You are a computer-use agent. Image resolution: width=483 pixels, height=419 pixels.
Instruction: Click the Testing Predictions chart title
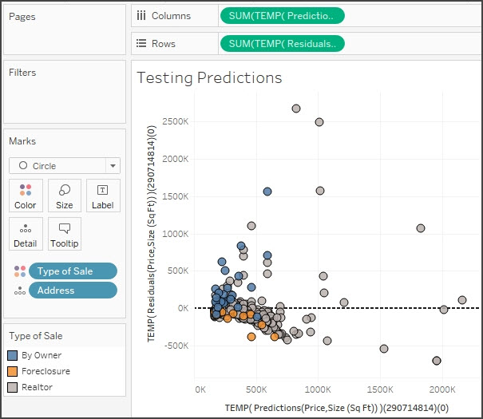tap(209, 77)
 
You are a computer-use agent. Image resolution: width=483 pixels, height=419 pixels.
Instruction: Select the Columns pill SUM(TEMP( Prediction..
tap(282, 15)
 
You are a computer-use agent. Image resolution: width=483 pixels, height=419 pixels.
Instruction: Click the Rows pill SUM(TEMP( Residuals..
tap(282, 43)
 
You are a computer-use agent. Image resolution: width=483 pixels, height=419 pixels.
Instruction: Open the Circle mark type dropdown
tap(64, 166)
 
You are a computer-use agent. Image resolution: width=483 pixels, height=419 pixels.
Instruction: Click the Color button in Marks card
tap(26, 196)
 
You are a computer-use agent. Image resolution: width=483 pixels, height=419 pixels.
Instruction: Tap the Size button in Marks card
tap(65, 196)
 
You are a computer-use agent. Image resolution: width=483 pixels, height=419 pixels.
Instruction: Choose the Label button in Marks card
tap(103, 196)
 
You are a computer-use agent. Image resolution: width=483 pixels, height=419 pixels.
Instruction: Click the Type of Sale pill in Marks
tap(73, 271)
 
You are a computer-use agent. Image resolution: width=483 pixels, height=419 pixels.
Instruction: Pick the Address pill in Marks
tap(73, 291)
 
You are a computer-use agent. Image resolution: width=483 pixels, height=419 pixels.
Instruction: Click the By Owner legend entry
tap(41, 355)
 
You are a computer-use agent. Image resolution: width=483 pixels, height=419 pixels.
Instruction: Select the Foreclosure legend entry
tap(46, 371)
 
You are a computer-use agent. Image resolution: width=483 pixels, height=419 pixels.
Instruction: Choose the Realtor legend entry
tap(38, 387)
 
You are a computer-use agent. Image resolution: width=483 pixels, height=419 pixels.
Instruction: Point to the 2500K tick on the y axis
tap(175, 121)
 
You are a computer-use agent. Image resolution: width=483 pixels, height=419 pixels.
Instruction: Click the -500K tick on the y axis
tap(176, 346)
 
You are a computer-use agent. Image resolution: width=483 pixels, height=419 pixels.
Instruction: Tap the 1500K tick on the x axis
tap(379, 389)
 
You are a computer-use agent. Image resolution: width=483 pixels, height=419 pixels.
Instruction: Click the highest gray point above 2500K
tap(296, 108)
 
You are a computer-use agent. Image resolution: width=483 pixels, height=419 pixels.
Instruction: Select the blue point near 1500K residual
tap(267, 192)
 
